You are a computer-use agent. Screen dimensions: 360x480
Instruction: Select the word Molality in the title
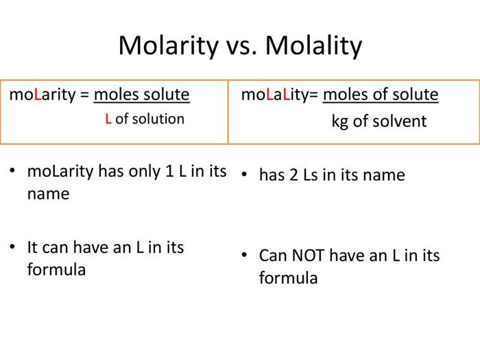(x=313, y=46)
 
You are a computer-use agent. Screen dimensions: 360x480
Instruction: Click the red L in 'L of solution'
(x=108, y=119)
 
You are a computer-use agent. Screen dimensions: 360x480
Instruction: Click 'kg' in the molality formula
(x=340, y=121)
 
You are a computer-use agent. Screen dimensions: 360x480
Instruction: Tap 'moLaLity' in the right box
(x=275, y=94)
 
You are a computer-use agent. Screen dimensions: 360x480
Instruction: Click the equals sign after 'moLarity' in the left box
(x=84, y=95)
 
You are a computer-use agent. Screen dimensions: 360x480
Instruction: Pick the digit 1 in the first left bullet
(x=171, y=171)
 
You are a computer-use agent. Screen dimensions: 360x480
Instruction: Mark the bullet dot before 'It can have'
(x=12, y=246)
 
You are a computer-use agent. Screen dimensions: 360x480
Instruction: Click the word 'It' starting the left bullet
(x=32, y=246)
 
